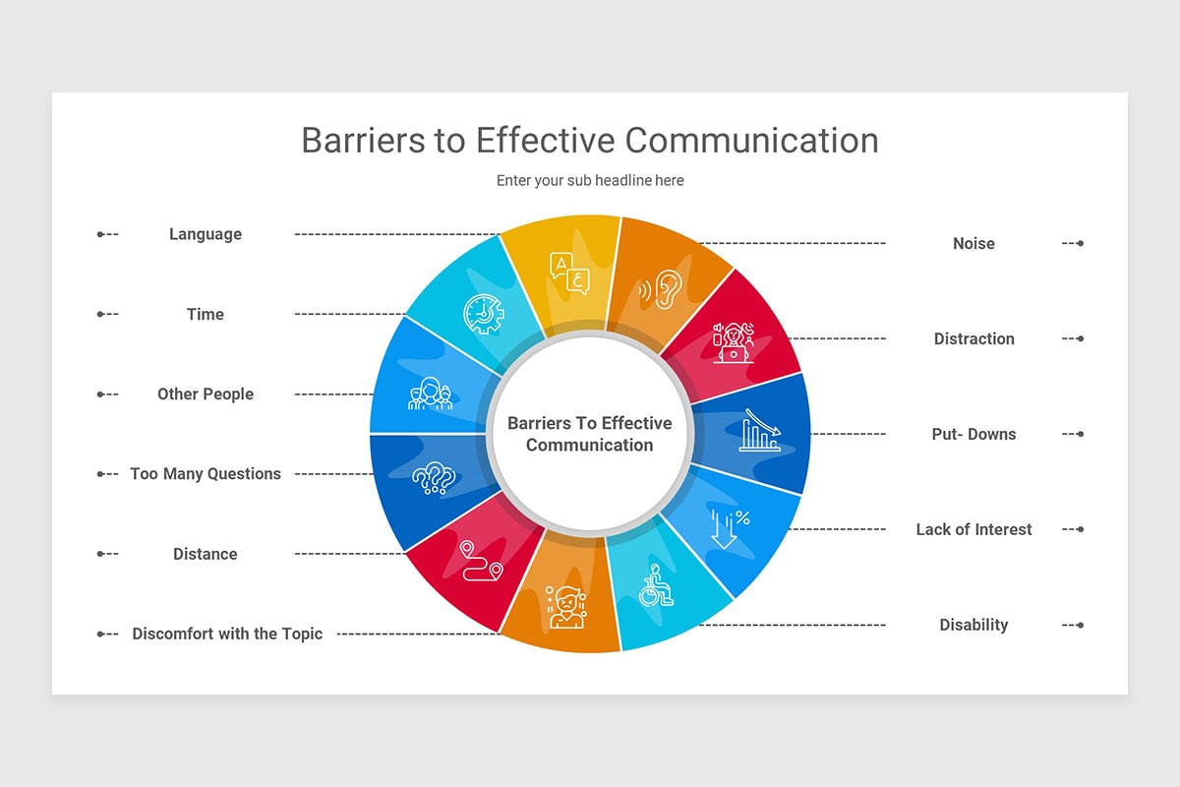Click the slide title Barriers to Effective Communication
pos(590,140)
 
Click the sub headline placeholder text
pos(590,181)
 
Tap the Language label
pos(206,234)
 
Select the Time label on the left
pos(206,314)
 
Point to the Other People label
pos(206,393)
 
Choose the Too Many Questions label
pos(206,474)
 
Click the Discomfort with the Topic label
pos(227,634)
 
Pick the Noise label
pos(973,243)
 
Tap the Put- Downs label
pos(973,434)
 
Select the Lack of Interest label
pos(973,529)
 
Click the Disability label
pos(973,625)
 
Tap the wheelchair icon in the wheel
pos(656,586)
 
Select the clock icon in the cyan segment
pos(483,314)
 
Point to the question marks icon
pos(434,479)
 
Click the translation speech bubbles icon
pos(570,272)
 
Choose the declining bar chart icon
pos(760,431)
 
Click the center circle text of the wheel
pos(590,434)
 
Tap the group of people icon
pos(430,393)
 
